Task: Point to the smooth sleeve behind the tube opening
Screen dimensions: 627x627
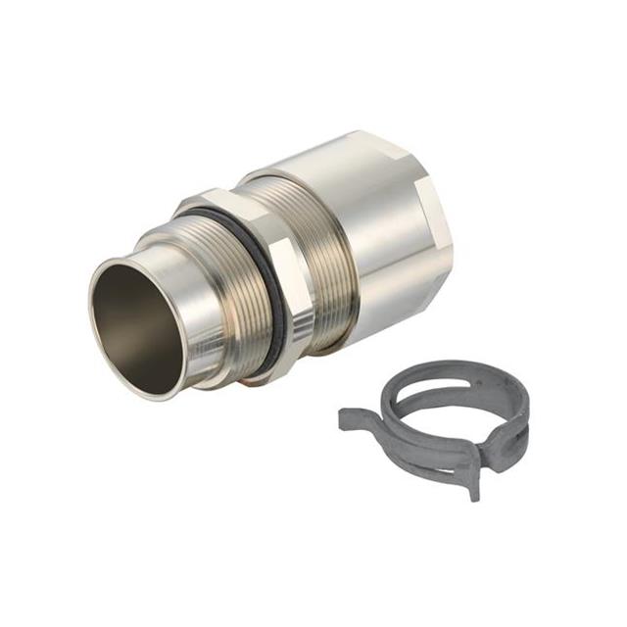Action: tap(181, 265)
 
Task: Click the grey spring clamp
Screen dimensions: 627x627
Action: tap(441, 421)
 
